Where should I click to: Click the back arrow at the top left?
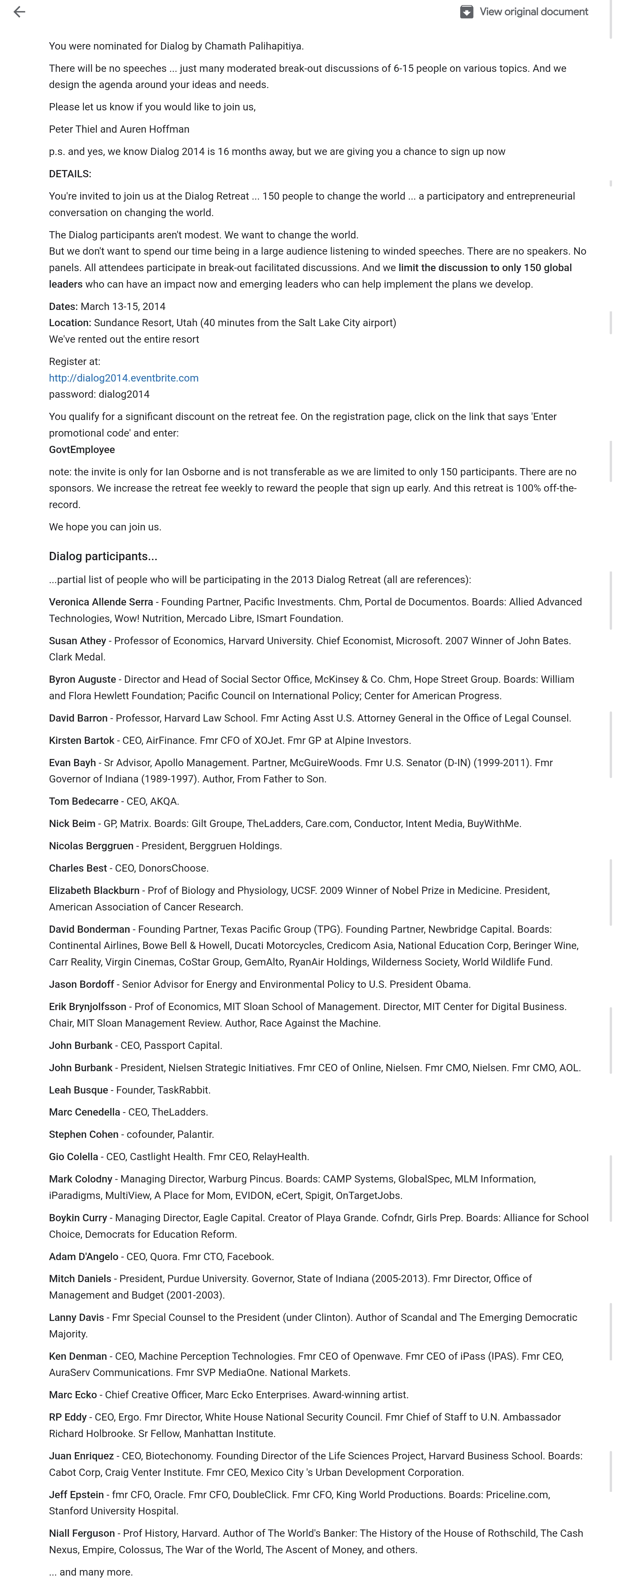click(x=19, y=12)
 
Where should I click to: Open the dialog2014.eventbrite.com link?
click(x=123, y=378)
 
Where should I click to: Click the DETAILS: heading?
click(x=70, y=174)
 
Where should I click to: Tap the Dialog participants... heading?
click(x=103, y=556)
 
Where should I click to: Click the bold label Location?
click(x=70, y=322)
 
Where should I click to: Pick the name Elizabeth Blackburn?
click(x=94, y=890)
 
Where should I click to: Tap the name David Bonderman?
click(x=90, y=929)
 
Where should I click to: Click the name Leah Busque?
click(x=78, y=1090)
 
